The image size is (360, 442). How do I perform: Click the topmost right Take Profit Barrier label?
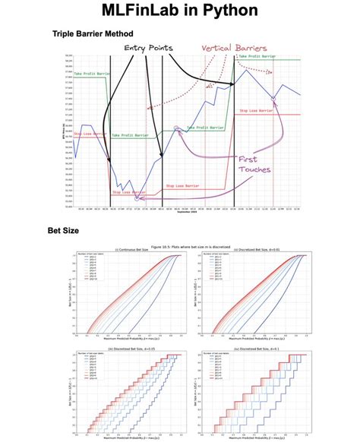256,56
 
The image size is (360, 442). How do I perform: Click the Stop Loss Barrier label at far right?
257,111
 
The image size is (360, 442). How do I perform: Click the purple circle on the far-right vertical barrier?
273,98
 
